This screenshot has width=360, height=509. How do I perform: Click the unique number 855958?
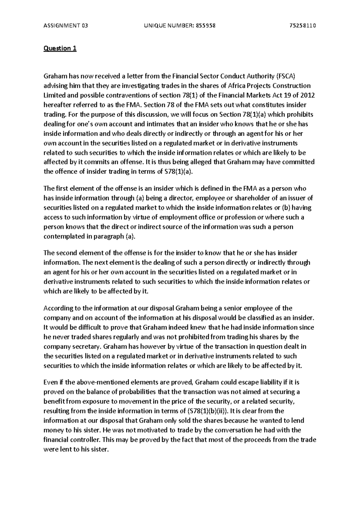[205, 26]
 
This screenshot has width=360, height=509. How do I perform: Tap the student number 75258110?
[303, 26]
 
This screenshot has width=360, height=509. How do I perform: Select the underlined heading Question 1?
[60, 49]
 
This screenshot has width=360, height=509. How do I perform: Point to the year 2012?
[307, 95]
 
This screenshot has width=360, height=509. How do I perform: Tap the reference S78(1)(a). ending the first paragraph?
[177, 172]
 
